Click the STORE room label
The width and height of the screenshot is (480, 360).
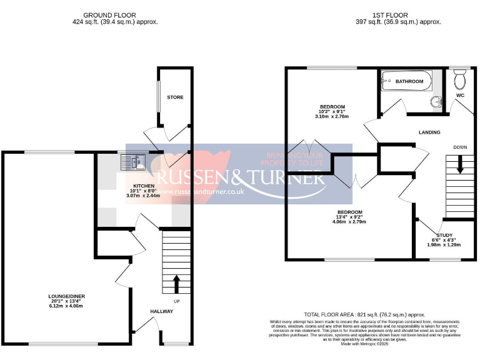pyautogui.click(x=175, y=97)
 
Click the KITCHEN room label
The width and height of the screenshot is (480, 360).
pyautogui.click(x=143, y=185)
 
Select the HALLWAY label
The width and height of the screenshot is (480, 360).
pyautogui.click(x=161, y=311)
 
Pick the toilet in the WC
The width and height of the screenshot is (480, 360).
pyautogui.click(x=461, y=79)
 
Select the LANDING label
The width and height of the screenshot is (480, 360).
pyautogui.click(x=429, y=132)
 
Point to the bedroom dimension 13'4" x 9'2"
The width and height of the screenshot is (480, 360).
pyautogui.click(x=349, y=217)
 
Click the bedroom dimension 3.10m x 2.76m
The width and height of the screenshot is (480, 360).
pyautogui.click(x=331, y=116)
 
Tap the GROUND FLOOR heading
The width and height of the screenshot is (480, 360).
pyautogui.click(x=110, y=15)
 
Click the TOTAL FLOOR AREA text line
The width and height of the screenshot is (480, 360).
pyautogui.click(x=364, y=315)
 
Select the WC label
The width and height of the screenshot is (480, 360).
pyautogui.click(x=461, y=96)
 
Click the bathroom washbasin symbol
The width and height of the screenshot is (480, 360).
pyautogui.click(x=436, y=102)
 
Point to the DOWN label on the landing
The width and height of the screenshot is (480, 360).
pyautogui.click(x=460, y=147)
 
